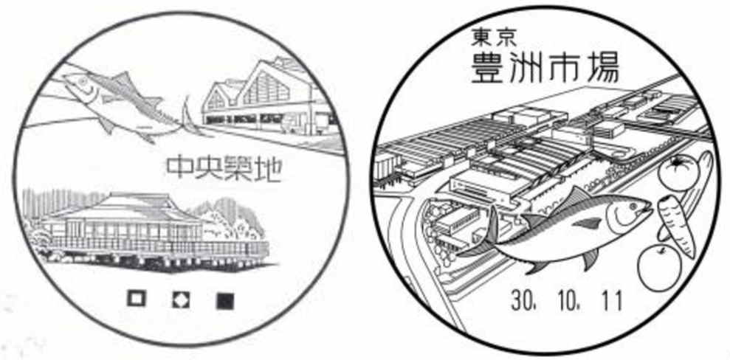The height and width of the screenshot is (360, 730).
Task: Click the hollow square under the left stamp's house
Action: click(136, 300)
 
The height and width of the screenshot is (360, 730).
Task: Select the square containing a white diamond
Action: click(180, 300)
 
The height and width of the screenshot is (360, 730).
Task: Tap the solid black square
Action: click(224, 300)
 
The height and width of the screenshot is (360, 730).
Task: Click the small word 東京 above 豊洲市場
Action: click(494, 35)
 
